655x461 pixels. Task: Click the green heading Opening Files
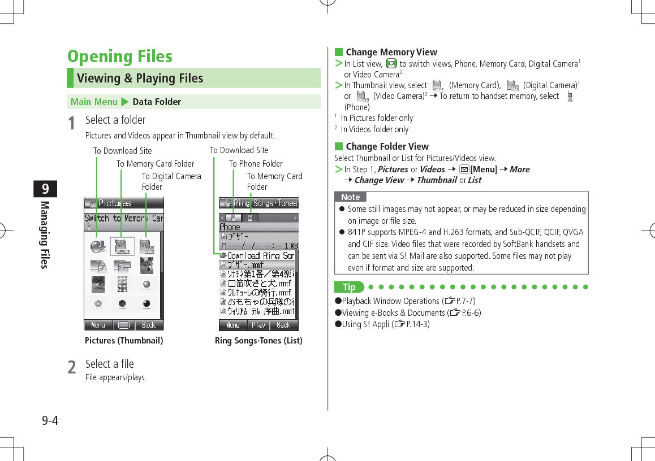click(119, 56)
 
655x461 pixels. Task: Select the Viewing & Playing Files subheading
click(140, 79)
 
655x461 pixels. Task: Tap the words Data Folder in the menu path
click(157, 102)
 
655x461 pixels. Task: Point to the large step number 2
click(72, 367)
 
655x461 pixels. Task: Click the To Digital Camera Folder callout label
click(171, 181)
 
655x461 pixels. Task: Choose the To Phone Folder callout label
click(256, 164)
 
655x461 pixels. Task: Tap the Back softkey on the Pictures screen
click(149, 325)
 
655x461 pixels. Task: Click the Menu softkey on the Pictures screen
click(98, 325)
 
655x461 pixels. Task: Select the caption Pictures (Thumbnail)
click(124, 341)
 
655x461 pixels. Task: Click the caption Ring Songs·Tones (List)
click(258, 341)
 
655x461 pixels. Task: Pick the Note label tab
click(350, 197)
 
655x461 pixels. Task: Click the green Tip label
click(349, 288)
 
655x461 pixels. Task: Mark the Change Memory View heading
click(391, 52)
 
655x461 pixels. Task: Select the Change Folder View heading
click(387, 146)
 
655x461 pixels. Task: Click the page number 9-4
click(50, 421)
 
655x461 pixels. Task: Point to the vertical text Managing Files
click(44, 234)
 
